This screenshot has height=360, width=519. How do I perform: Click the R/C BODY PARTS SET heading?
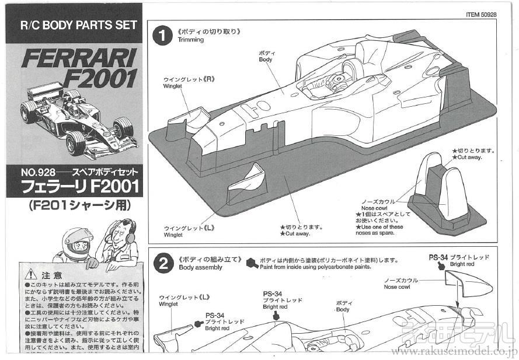coord(78,26)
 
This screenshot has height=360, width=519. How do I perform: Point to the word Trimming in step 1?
coord(191,40)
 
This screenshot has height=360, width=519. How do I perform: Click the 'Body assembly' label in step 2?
coord(201,267)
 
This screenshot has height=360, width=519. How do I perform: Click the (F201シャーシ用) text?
coord(79,205)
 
